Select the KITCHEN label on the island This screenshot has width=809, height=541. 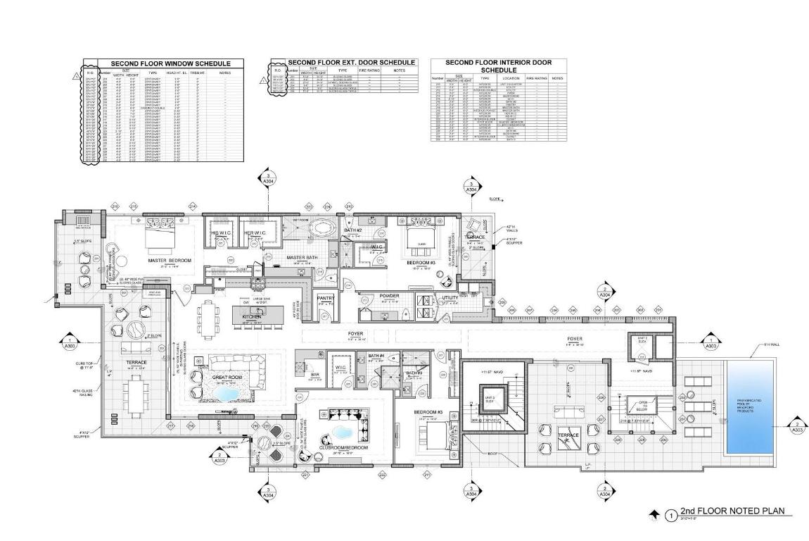pos(252,318)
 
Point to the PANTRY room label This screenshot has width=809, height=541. pos(325,299)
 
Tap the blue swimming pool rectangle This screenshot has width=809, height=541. pos(753,409)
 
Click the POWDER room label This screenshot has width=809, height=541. pos(389,296)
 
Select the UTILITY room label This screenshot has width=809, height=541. pos(450,298)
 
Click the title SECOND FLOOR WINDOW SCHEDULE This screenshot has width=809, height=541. pos(170,64)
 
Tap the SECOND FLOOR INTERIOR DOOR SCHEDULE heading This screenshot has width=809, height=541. pos(498,66)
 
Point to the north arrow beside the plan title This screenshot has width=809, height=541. pos(655,516)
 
